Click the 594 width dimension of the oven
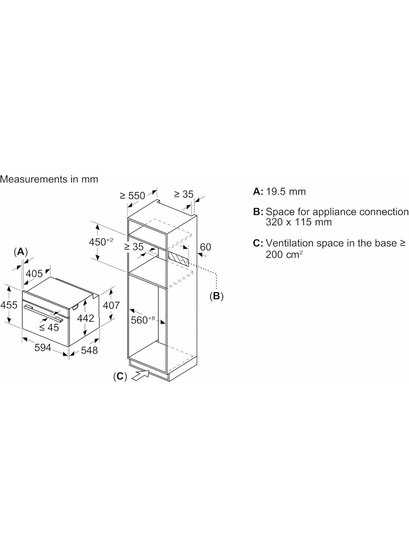pyautogui.click(x=43, y=348)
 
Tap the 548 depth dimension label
pyautogui.click(x=89, y=351)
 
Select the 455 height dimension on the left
pyautogui.click(x=9, y=305)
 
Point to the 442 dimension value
pyautogui.click(x=86, y=318)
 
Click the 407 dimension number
pyautogui.click(x=111, y=305)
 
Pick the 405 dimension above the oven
pyautogui.click(x=34, y=274)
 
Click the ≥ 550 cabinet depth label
pyautogui.click(x=132, y=196)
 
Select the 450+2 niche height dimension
pyautogui.click(x=101, y=242)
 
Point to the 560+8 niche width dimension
pyautogui.click(x=143, y=320)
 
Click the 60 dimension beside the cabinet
pyautogui.click(x=205, y=247)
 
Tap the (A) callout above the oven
pyautogui.click(x=21, y=252)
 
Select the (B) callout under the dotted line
pyautogui.click(x=216, y=296)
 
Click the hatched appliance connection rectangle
pyautogui.click(x=178, y=258)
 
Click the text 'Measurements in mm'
pyautogui.click(x=49, y=179)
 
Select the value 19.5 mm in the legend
pyautogui.click(x=286, y=192)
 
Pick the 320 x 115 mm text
pyautogui.click(x=299, y=222)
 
